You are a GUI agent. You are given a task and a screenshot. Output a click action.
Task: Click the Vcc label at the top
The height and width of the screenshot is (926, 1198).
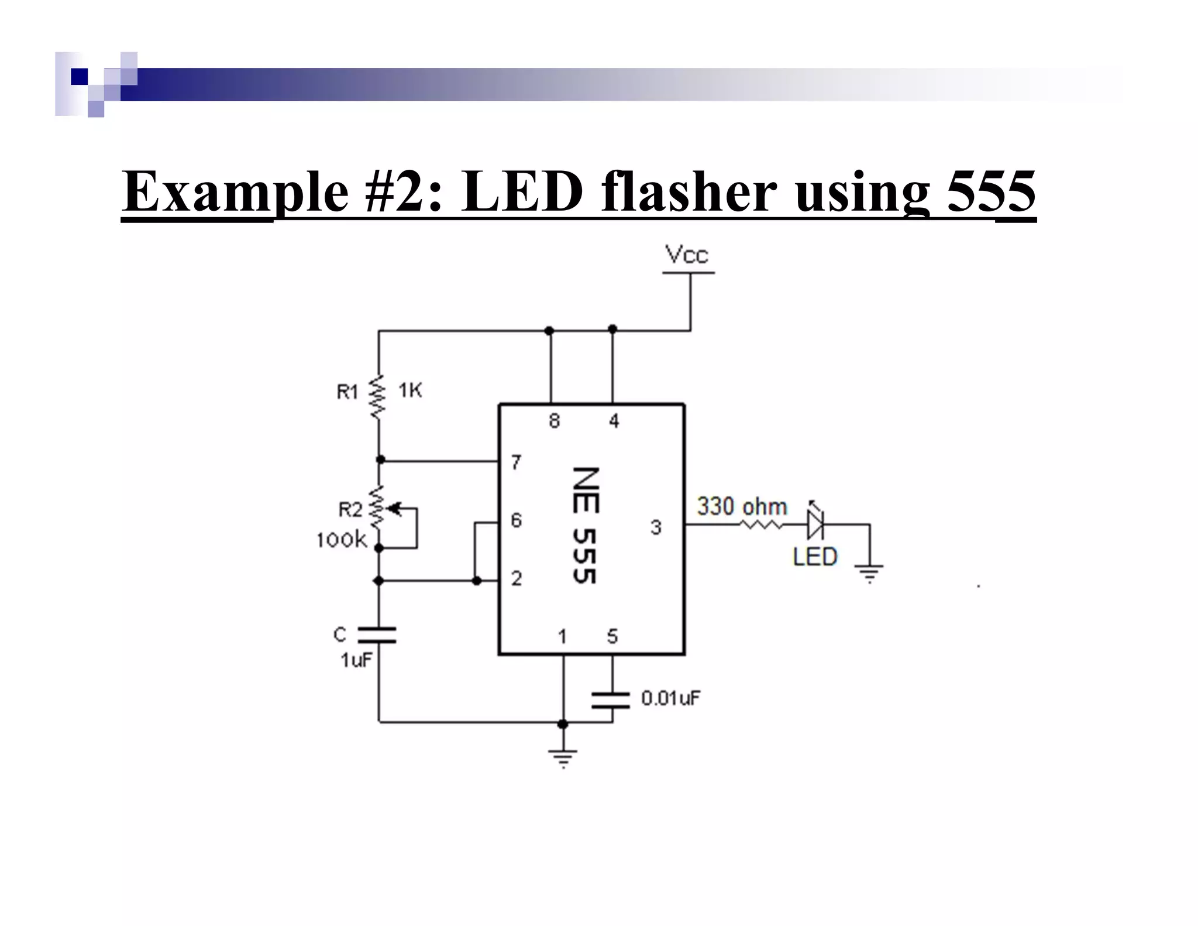(x=687, y=256)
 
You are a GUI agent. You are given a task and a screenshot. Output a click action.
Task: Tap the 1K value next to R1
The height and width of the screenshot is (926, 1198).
(x=410, y=390)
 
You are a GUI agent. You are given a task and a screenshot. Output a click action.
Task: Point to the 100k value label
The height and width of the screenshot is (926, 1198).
(x=342, y=540)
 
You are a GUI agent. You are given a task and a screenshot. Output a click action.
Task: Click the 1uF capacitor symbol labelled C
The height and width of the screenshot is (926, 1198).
(x=377, y=635)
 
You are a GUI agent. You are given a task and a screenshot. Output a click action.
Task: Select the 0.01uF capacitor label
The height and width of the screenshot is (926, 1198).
(x=671, y=698)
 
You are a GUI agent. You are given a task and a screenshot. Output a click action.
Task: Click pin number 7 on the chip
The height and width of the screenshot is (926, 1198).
(x=516, y=462)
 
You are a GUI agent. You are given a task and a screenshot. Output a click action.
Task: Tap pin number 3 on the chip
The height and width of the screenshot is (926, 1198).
(x=656, y=527)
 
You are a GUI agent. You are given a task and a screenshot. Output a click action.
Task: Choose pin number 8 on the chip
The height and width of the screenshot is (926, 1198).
(x=555, y=421)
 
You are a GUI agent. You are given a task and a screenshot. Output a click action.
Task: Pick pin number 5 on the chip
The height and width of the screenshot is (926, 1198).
(x=612, y=636)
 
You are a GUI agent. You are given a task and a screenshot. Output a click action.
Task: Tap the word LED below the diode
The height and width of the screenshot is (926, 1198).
(x=815, y=557)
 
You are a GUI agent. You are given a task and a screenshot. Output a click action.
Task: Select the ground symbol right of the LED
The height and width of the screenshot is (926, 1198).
(x=869, y=572)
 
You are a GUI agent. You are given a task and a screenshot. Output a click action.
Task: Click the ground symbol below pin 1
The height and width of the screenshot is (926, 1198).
(x=563, y=757)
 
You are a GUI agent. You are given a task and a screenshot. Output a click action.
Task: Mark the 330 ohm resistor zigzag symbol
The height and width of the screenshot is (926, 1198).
(x=762, y=525)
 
